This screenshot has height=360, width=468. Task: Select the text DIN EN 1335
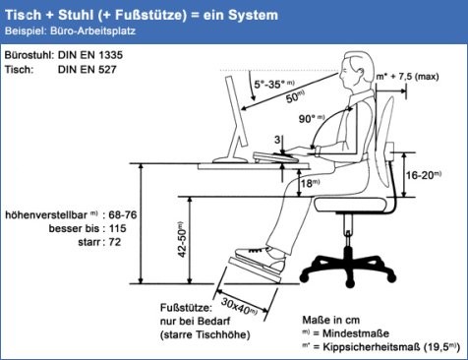(x=90, y=55)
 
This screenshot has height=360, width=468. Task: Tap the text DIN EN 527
(x=88, y=70)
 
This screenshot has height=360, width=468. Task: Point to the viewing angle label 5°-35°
(x=271, y=85)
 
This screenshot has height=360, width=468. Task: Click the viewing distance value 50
(x=293, y=97)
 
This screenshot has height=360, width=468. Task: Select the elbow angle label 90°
(x=308, y=119)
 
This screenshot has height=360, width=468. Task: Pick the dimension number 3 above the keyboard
(x=277, y=140)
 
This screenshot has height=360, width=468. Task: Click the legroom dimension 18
(x=307, y=184)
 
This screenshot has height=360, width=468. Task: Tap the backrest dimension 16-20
(x=420, y=175)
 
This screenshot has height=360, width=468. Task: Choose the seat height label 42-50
(x=182, y=241)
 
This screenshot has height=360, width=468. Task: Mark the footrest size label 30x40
(x=236, y=307)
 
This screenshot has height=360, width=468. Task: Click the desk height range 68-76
(x=123, y=215)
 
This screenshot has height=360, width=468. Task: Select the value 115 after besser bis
(x=118, y=228)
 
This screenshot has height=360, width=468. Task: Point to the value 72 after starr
(x=115, y=242)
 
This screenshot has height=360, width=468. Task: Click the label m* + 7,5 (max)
(x=407, y=77)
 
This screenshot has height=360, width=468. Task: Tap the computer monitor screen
(x=236, y=111)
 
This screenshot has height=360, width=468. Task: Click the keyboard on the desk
(x=275, y=157)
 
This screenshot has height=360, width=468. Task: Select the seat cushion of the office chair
(x=350, y=205)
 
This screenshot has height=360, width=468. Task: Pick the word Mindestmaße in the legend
(x=356, y=333)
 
